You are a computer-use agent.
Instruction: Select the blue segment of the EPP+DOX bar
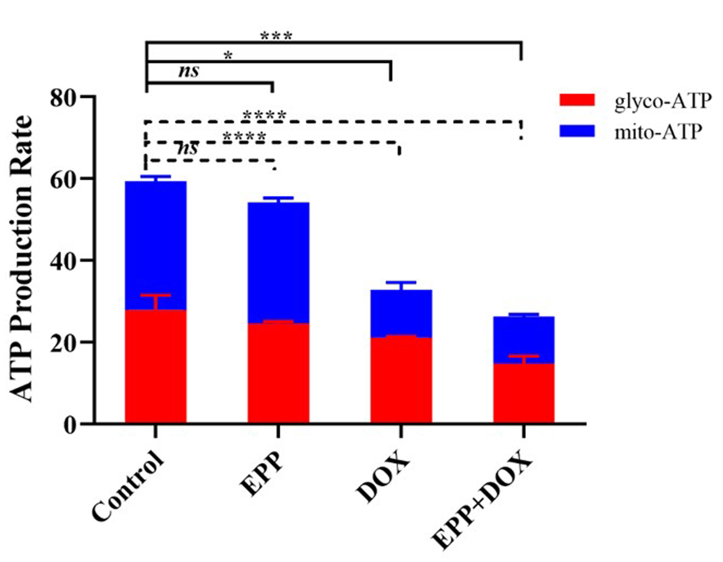tap(524, 337)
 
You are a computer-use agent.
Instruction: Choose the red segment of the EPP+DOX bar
tap(524, 394)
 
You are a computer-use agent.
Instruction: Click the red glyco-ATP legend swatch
tap(577, 100)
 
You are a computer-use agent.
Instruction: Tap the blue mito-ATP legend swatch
tap(577, 131)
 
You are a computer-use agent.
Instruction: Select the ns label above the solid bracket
tap(189, 71)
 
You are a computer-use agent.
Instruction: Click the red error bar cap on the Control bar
tap(155, 295)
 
